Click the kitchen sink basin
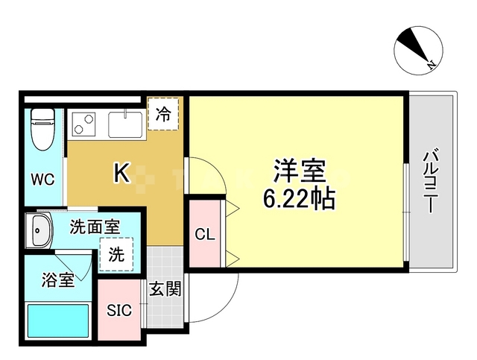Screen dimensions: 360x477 [x=125, y=123]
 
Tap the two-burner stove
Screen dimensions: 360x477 [x=83, y=123]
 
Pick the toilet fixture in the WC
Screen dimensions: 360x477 [x=42, y=130]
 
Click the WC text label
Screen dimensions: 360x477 [x=42, y=180]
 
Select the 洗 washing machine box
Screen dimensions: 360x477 [x=117, y=253]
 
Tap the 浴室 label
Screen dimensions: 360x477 [x=57, y=281]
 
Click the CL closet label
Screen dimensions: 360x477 [x=205, y=235]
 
